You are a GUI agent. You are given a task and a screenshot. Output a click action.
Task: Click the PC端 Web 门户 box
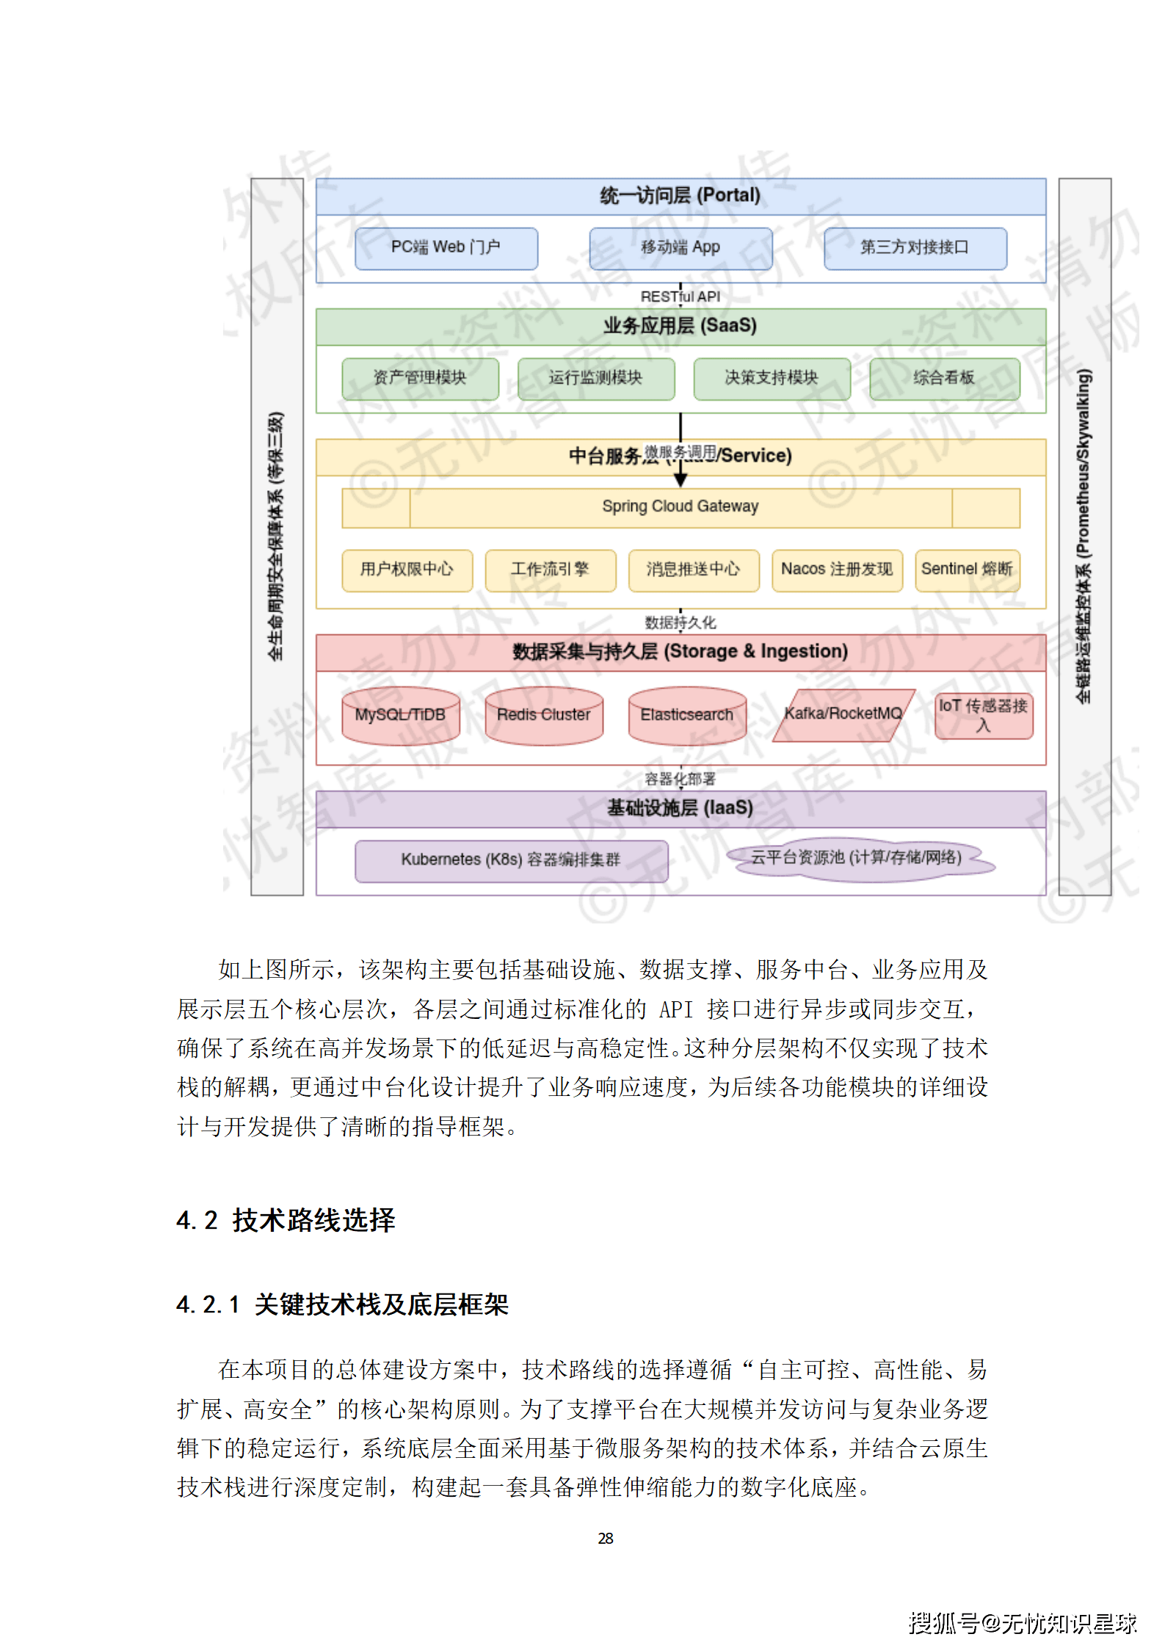pyautogui.click(x=446, y=248)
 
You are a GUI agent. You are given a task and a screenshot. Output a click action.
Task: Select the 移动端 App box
pyautogui.click(x=680, y=248)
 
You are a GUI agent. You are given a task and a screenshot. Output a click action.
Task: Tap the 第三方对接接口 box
pyautogui.click(x=915, y=248)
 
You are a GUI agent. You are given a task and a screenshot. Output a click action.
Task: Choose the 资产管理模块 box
pyautogui.click(x=420, y=378)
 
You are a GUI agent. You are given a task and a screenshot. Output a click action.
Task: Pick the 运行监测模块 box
pyautogui.click(x=595, y=378)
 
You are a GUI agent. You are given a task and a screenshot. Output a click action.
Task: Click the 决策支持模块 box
pyautogui.click(x=772, y=378)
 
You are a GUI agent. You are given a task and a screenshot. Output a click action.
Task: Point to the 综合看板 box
pyautogui.click(x=944, y=378)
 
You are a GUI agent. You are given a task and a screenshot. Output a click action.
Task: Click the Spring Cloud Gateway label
pyautogui.click(x=680, y=507)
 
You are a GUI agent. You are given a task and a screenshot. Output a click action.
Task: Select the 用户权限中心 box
pyautogui.click(x=407, y=570)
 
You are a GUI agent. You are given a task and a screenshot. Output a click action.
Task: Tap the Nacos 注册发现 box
pyautogui.click(x=837, y=570)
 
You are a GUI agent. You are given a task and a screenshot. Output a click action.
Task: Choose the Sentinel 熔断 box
pyautogui.click(x=967, y=570)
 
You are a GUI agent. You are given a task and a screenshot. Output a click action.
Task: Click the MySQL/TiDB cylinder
pyautogui.click(x=401, y=716)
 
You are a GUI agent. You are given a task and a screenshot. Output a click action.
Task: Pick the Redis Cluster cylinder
pyautogui.click(x=544, y=716)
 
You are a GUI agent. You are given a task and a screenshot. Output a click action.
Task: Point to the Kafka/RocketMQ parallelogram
pyautogui.click(x=843, y=714)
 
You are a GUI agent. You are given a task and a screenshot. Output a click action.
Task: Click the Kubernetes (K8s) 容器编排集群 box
pyautogui.click(x=511, y=860)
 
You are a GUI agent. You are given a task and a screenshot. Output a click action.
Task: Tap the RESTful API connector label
pyautogui.click(x=680, y=297)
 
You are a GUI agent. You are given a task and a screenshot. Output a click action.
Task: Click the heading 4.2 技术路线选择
pyautogui.click(x=286, y=1221)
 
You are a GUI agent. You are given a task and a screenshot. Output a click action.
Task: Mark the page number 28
pyautogui.click(x=606, y=1539)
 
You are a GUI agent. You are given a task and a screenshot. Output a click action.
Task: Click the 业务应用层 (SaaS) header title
pyautogui.click(x=680, y=326)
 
